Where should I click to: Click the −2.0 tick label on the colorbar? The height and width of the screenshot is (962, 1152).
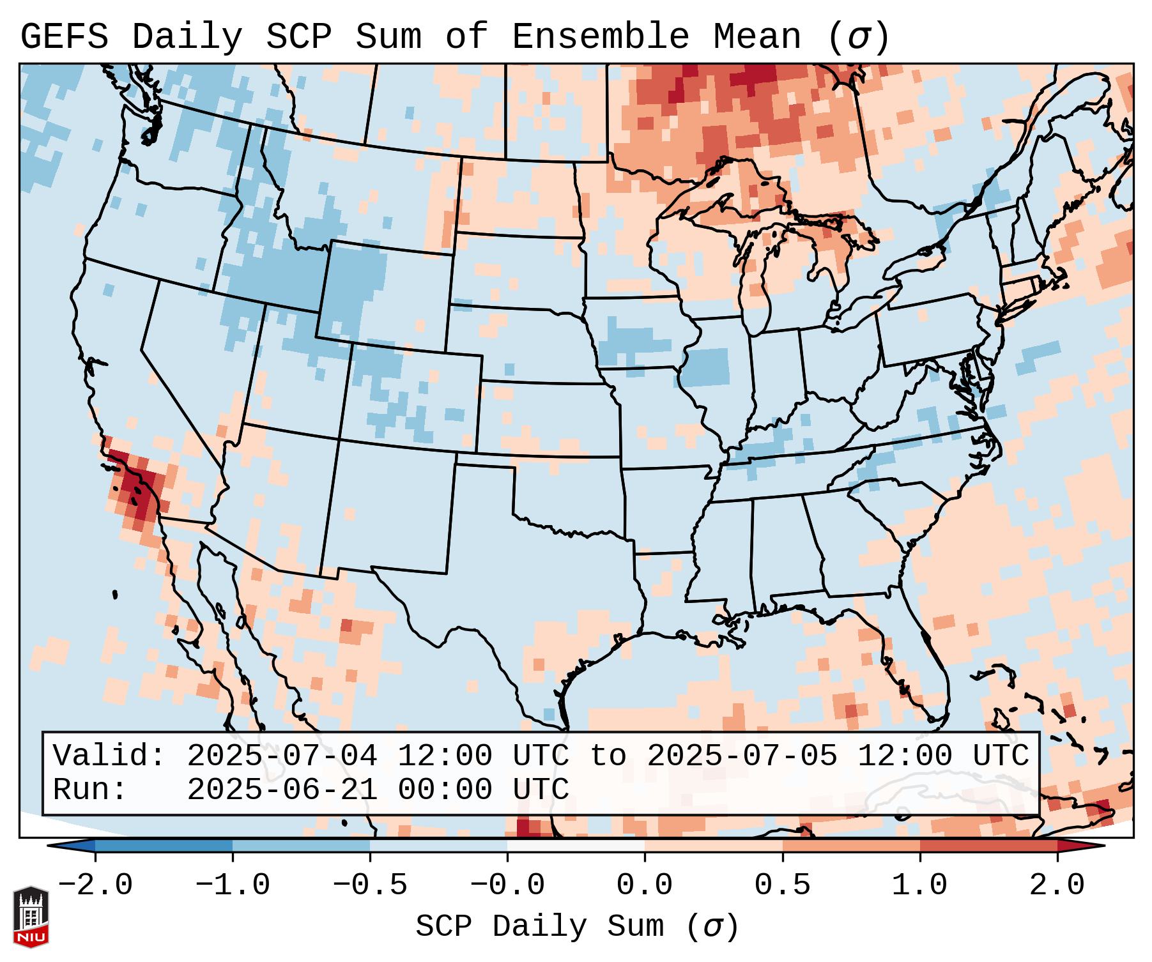pos(95,885)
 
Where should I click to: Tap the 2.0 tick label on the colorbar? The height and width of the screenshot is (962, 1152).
pos(1057,885)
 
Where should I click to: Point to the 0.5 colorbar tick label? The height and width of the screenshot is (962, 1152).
pos(782,885)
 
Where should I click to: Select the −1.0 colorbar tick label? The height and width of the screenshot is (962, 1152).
pos(233,885)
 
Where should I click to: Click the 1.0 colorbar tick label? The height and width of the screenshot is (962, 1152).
pos(919,885)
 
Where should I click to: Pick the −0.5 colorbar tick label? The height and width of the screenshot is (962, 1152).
pos(370,885)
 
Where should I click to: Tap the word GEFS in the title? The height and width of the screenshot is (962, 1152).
pos(64,37)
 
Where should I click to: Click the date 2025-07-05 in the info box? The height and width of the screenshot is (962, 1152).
pos(742,756)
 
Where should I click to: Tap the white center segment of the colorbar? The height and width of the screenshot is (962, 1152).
pos(576,846)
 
